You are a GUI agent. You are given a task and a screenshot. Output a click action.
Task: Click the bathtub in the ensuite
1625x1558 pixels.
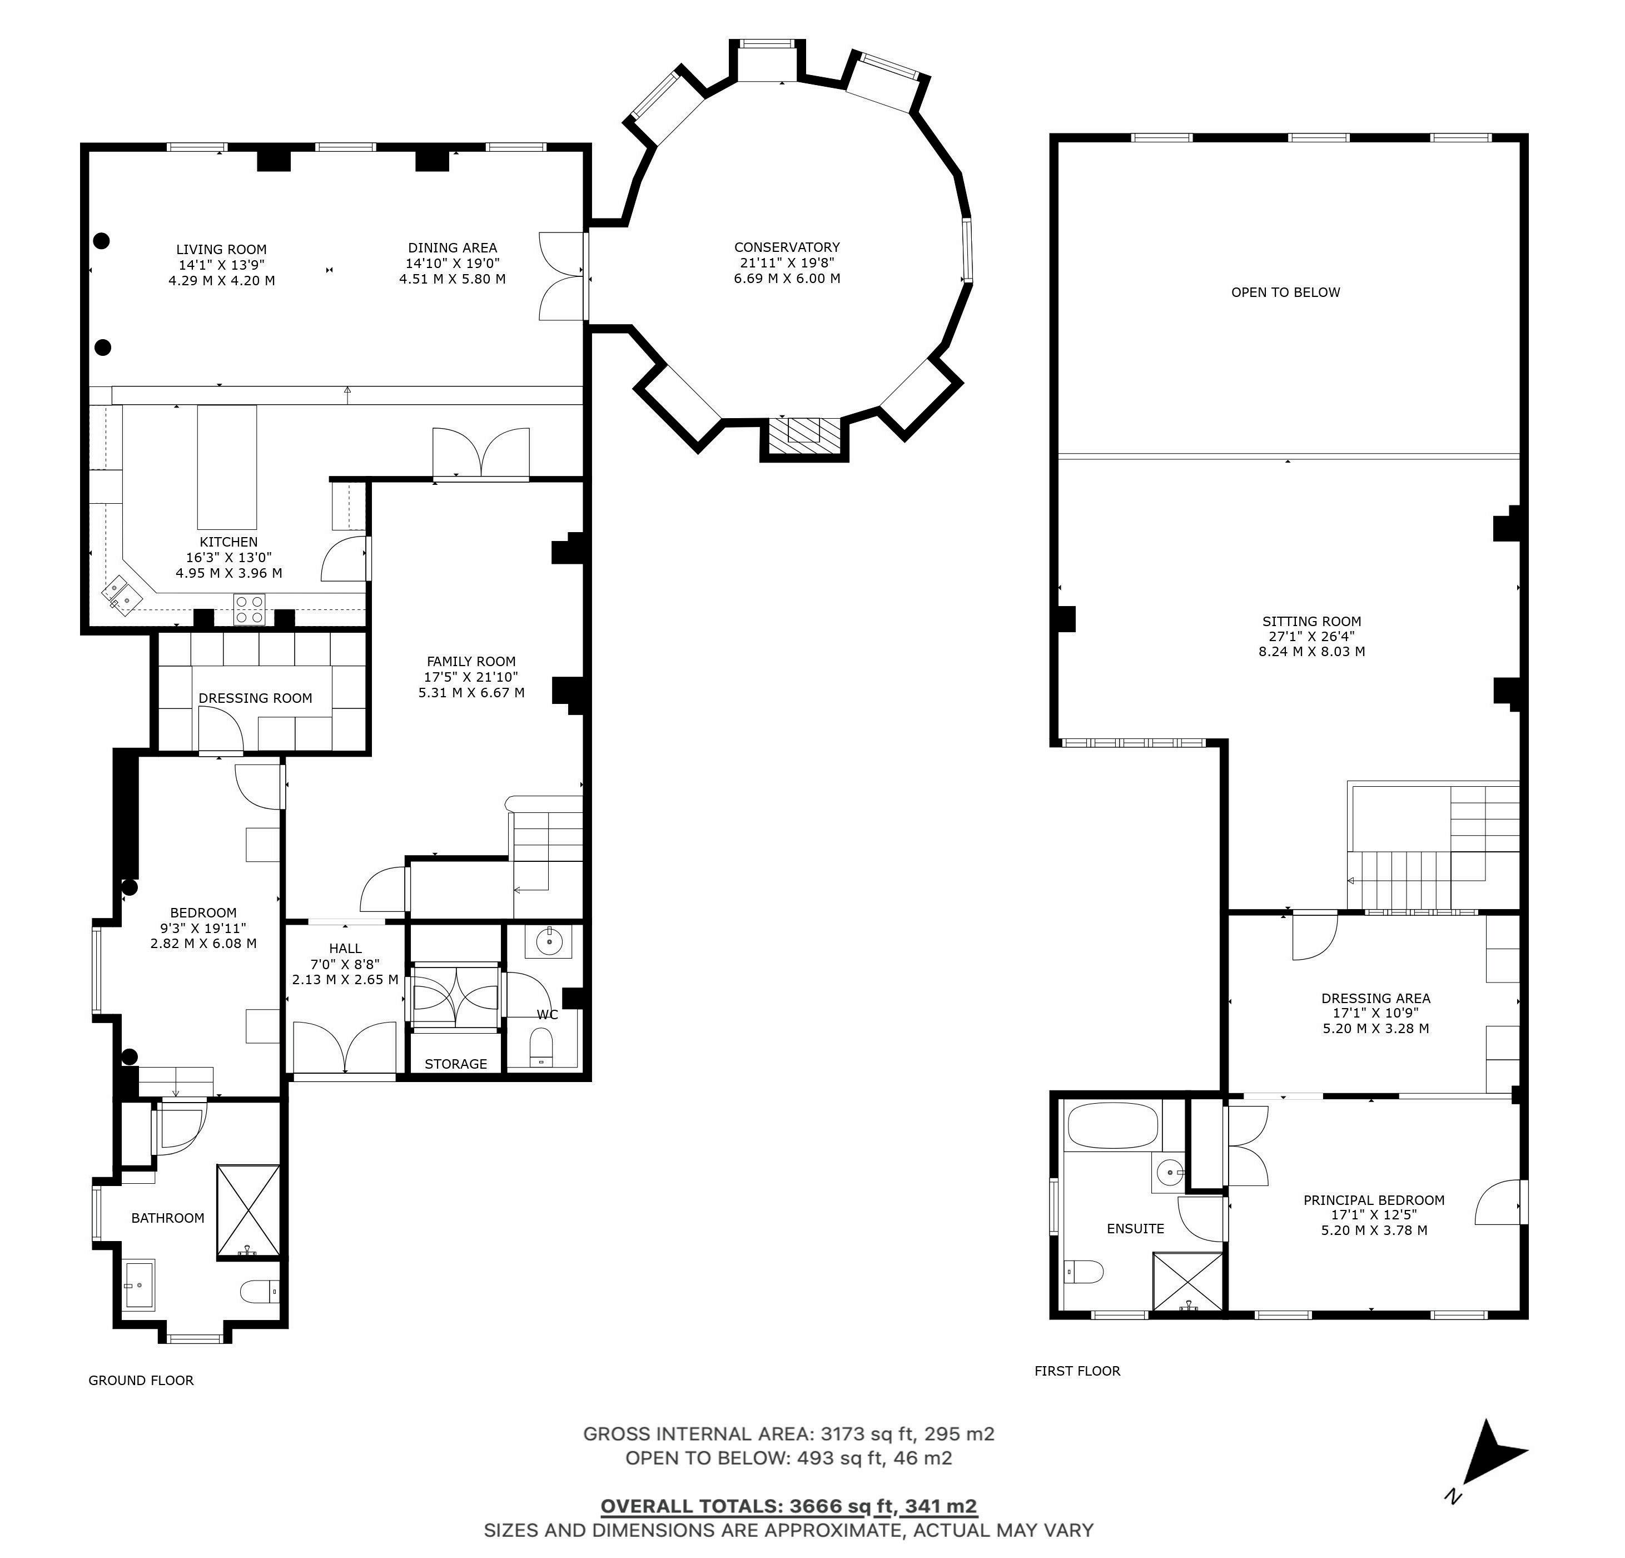(1112, 1125)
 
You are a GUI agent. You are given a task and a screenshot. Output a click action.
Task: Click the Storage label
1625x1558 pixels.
(456, 1064)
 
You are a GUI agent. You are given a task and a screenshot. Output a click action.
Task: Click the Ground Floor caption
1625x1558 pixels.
(141, 1380)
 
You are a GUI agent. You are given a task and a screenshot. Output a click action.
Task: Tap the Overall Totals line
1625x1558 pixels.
(788, 1506)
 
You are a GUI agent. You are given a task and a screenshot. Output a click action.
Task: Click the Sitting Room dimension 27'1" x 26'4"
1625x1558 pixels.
(1311, 636)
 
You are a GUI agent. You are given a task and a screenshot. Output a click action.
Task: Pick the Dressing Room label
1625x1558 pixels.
(255, 698)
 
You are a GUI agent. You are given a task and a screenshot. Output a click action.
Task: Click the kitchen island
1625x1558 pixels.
(227, 467)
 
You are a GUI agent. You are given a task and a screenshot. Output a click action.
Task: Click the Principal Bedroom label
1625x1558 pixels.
(1374, 1200)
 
